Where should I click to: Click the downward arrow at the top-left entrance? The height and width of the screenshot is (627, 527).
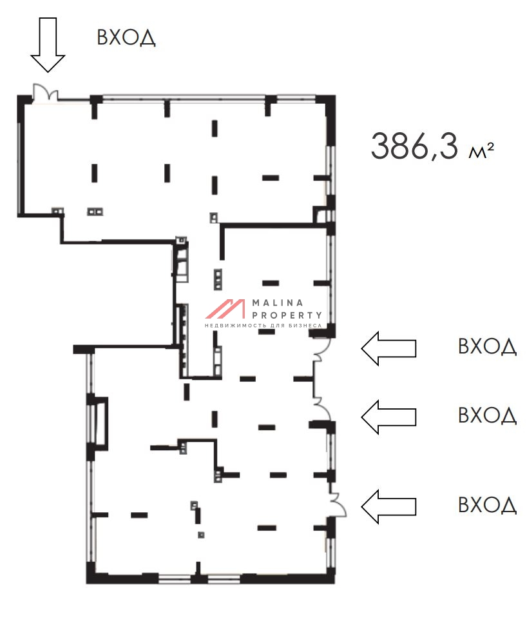pyautogui.click(x=48, y=45)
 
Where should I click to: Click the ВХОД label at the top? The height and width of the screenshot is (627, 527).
pyautogui.click(x=126, y=37)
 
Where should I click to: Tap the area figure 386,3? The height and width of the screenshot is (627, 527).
pyautogui.click(x=415, y=147)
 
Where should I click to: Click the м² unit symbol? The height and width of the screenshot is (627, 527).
pyautogui.click(x=481, y=151)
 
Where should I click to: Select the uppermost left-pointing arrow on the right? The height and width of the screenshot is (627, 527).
pyautogui.click(x=388, y=348)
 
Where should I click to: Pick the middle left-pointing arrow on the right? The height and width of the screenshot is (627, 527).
pyautogui.click(x=388, y=417)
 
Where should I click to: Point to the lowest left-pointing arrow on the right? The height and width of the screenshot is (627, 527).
pyautogui.click(x=388, y=506)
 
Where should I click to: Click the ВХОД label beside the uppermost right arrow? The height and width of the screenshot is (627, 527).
pyautogui.click(x=488, y=346)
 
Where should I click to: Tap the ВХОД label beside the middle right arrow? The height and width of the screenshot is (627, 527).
pyautogui.click(x=488, y=415)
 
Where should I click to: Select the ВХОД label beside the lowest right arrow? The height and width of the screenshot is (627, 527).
pyautogui.click(x=488, y=505)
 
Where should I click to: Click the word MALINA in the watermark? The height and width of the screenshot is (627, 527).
pyautogui.click(x=278, y=303)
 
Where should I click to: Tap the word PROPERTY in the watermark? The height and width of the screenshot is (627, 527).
pyautogui.click(x=287, y=315)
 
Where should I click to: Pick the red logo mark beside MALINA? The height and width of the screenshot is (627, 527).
pyautogui.click(x=225, y=309)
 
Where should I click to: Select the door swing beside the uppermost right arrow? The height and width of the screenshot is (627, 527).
pyautogui.click(x=322, y=349)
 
